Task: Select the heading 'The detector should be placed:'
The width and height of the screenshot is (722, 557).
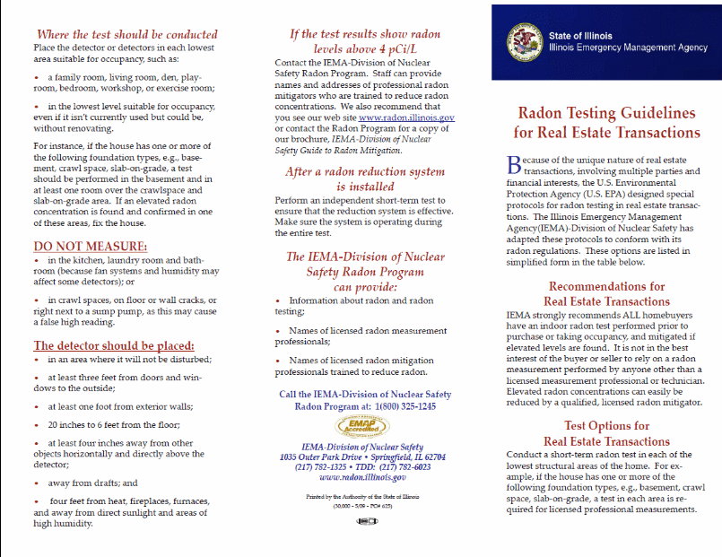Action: (113, 345)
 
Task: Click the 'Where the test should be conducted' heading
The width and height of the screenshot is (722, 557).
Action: (125, 34)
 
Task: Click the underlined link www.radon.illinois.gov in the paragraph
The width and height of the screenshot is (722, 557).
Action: (405, 117)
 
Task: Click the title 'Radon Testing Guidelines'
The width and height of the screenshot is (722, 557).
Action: (607, 114)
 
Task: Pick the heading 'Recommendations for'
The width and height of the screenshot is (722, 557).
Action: (606, 287)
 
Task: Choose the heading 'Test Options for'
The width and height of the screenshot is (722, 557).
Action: (606, 426)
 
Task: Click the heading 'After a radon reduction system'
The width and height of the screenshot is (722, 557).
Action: (364, 171)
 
